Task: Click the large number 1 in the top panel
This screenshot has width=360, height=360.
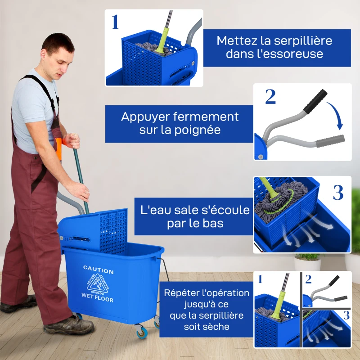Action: (115, 22)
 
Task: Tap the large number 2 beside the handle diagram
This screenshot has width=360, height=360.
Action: (270, 97)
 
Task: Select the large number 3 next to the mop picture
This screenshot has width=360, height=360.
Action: (338, 192)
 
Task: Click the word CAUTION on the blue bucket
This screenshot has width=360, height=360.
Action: (98, 270)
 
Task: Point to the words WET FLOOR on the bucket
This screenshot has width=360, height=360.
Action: (97, 297)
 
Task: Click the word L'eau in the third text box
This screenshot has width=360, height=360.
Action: (156, 210)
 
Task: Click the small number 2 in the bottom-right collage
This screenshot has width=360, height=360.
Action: (308, 279)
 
